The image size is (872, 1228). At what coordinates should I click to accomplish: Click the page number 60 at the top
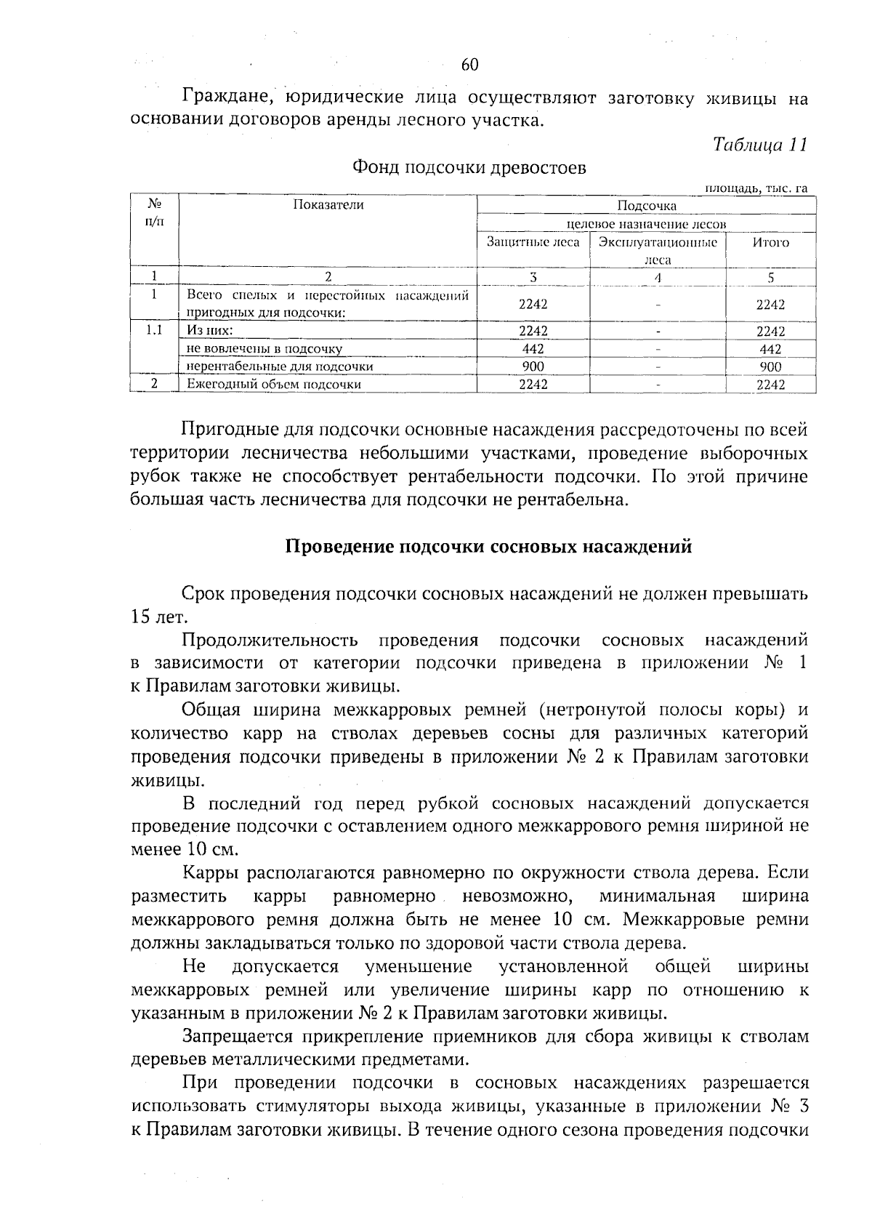(x=469, y=65)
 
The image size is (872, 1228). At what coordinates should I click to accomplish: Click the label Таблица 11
(x=759, y=144)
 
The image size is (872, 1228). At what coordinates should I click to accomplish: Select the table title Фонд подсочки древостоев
(x=469, y=168)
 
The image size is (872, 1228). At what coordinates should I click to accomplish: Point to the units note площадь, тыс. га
(x=756, y=188)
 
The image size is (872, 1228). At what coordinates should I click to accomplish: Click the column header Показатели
(x=328, y=205)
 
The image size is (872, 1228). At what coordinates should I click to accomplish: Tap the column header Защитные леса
(x=533, y=242)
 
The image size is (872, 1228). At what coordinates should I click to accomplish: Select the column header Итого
(x=770, y=242)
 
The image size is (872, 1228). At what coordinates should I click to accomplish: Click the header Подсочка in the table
(x=646, y=206)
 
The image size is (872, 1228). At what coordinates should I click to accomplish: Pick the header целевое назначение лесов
(x=646, y=224)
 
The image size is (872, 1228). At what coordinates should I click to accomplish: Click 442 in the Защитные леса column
(x=533, y=349)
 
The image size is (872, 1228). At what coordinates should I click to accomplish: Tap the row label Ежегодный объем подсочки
(x=274, y=385)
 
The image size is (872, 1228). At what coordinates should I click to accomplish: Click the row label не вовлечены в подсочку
(x=265, y=349)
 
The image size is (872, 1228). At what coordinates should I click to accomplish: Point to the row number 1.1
(x=153, y=331)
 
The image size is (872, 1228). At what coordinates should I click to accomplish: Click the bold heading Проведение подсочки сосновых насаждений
(x=488, y=547)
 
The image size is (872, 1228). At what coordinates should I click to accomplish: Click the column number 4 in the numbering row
(x=657, y=277)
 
